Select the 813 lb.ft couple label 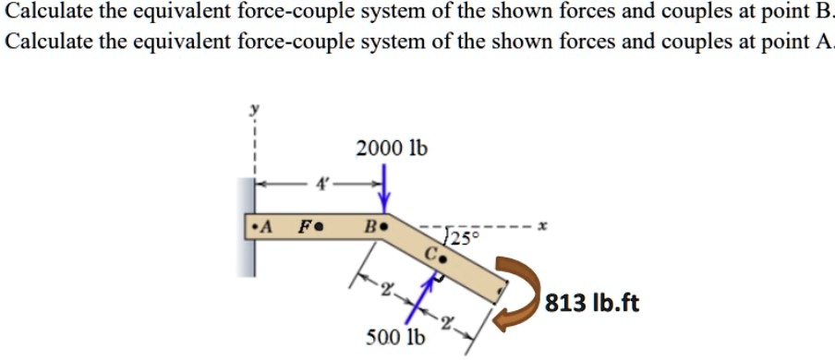(590, 303)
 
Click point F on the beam (317, 225)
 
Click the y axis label (248, 109)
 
